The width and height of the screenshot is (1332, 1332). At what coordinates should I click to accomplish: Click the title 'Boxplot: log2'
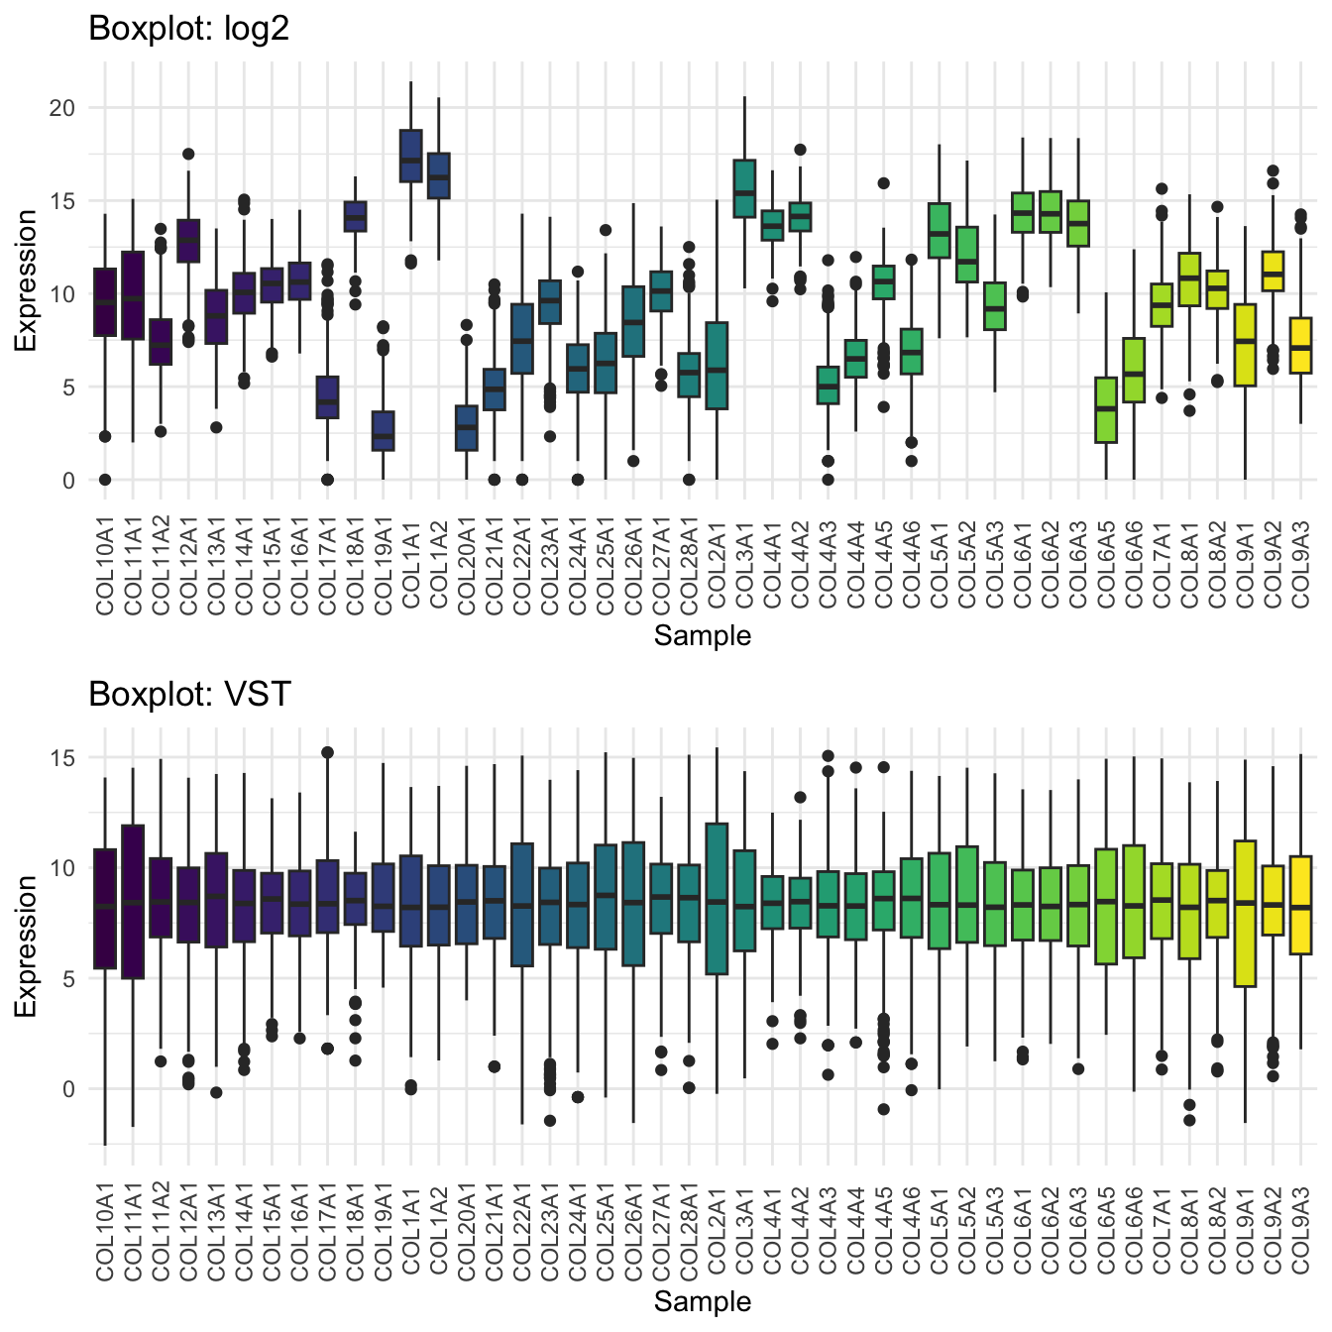188,29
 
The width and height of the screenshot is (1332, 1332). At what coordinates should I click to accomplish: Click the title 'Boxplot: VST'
189,694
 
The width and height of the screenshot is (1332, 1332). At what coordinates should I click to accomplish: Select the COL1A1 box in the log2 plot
410,156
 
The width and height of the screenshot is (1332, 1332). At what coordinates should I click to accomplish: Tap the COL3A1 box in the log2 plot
744,188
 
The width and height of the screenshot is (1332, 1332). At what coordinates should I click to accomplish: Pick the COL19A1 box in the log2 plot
383,431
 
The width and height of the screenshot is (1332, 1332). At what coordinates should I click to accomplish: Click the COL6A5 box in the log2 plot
1106,410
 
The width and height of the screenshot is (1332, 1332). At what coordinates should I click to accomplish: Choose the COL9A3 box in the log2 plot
1300,345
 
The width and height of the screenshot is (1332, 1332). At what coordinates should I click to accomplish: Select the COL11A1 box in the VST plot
133,901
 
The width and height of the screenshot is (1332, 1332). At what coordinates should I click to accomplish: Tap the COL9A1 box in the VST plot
1245,913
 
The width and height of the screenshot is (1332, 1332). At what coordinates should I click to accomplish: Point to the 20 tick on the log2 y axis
60,108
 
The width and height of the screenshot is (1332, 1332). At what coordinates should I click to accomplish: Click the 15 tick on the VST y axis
60,758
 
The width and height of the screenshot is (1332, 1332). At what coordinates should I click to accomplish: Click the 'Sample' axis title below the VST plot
702,1301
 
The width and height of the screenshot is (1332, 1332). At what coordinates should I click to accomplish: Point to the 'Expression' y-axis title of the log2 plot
26,280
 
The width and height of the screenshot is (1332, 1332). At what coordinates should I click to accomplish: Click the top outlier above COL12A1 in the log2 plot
188,154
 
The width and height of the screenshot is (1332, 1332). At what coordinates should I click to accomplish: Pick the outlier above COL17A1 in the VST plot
327,753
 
